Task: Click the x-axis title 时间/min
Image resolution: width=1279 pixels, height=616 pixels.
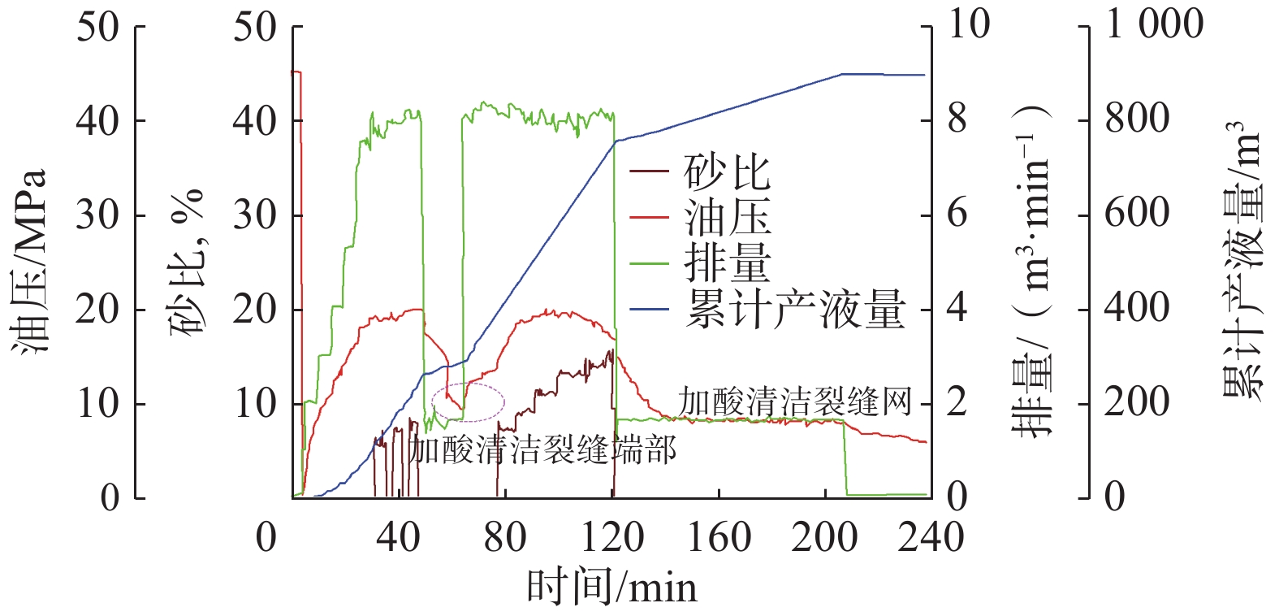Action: (611, 587)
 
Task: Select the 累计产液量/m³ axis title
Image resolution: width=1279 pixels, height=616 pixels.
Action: (1242, 260)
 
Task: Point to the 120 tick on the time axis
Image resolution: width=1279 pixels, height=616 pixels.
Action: (612, 537)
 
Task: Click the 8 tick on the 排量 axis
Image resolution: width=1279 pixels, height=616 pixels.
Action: (957, 119)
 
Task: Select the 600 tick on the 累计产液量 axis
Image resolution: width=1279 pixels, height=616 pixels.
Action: (1137, 214)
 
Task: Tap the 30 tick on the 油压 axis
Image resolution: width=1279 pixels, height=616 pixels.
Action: (98, 215)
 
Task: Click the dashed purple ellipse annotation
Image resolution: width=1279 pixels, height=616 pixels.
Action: (469, 401)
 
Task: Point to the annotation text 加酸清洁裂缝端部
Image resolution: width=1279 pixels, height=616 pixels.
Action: (542, 449)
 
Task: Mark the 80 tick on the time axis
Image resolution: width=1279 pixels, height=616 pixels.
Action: (505, 537)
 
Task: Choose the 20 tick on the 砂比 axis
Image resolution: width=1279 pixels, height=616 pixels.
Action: (255, 310)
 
